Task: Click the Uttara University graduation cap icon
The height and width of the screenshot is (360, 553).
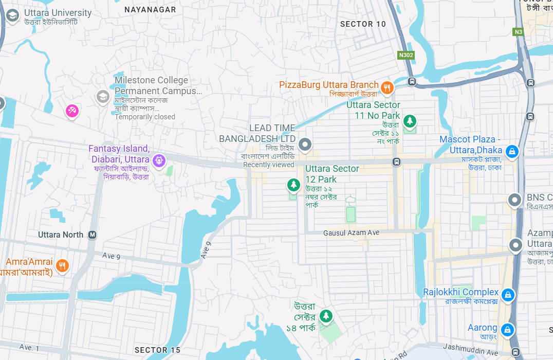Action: tap(12, 16)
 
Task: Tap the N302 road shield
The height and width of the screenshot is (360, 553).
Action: tap(405, 55)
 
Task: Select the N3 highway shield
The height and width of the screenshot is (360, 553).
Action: tap(518, 32)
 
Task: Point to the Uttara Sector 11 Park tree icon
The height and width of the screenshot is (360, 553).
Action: tap(410, 121)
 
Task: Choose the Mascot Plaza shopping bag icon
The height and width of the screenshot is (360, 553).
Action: tap(511, 151)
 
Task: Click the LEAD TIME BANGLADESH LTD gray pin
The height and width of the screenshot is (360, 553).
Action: tap(305, 145)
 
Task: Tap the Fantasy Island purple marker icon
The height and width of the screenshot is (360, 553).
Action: tap(159, 160)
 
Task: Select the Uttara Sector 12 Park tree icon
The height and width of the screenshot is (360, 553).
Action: tap(293, 184)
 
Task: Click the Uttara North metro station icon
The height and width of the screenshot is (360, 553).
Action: tap(93, 235)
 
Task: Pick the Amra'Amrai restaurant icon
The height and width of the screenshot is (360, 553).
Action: tap(62, 265)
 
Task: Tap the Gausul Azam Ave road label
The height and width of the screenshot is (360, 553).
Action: tap(351, 233)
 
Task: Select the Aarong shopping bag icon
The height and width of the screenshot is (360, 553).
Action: tap(507, 329)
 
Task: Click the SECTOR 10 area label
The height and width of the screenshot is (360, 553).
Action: tap(363, 24)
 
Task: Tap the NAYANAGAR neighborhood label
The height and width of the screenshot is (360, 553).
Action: tap(150, 10)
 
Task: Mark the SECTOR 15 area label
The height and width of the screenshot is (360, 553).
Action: tap(157, 350)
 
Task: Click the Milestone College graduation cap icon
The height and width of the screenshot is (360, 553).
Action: tap(103, 96)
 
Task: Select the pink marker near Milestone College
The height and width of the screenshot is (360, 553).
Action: tap(72, 110)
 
